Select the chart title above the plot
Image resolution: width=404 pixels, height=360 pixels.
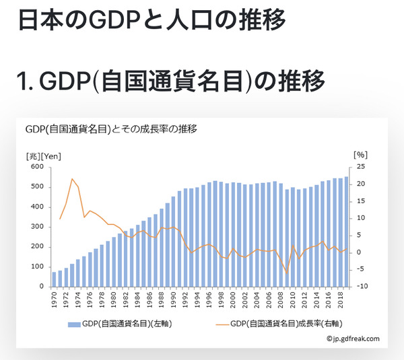[x=111, y=129]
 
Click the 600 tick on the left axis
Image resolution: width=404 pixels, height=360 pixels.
[x=38, y=167]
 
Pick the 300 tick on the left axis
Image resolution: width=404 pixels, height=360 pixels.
[x=38, y=227]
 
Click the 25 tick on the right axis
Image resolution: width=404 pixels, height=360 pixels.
[x=361, y=167]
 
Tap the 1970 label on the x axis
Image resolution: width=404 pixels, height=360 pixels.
[x=54, y=301]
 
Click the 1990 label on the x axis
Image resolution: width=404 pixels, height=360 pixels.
[x=173, y=301]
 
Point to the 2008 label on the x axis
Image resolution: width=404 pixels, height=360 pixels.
[x=281, y=301]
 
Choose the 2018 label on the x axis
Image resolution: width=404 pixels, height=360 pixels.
[x=341, y=301]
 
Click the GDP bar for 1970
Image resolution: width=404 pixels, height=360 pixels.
[x=54, y=279]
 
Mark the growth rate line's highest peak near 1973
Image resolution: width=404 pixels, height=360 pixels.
[x=72, y=179]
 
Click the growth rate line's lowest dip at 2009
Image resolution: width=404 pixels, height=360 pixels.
[x=287, y=273]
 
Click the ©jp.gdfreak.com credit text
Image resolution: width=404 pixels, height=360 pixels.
[x=353, y=339]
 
